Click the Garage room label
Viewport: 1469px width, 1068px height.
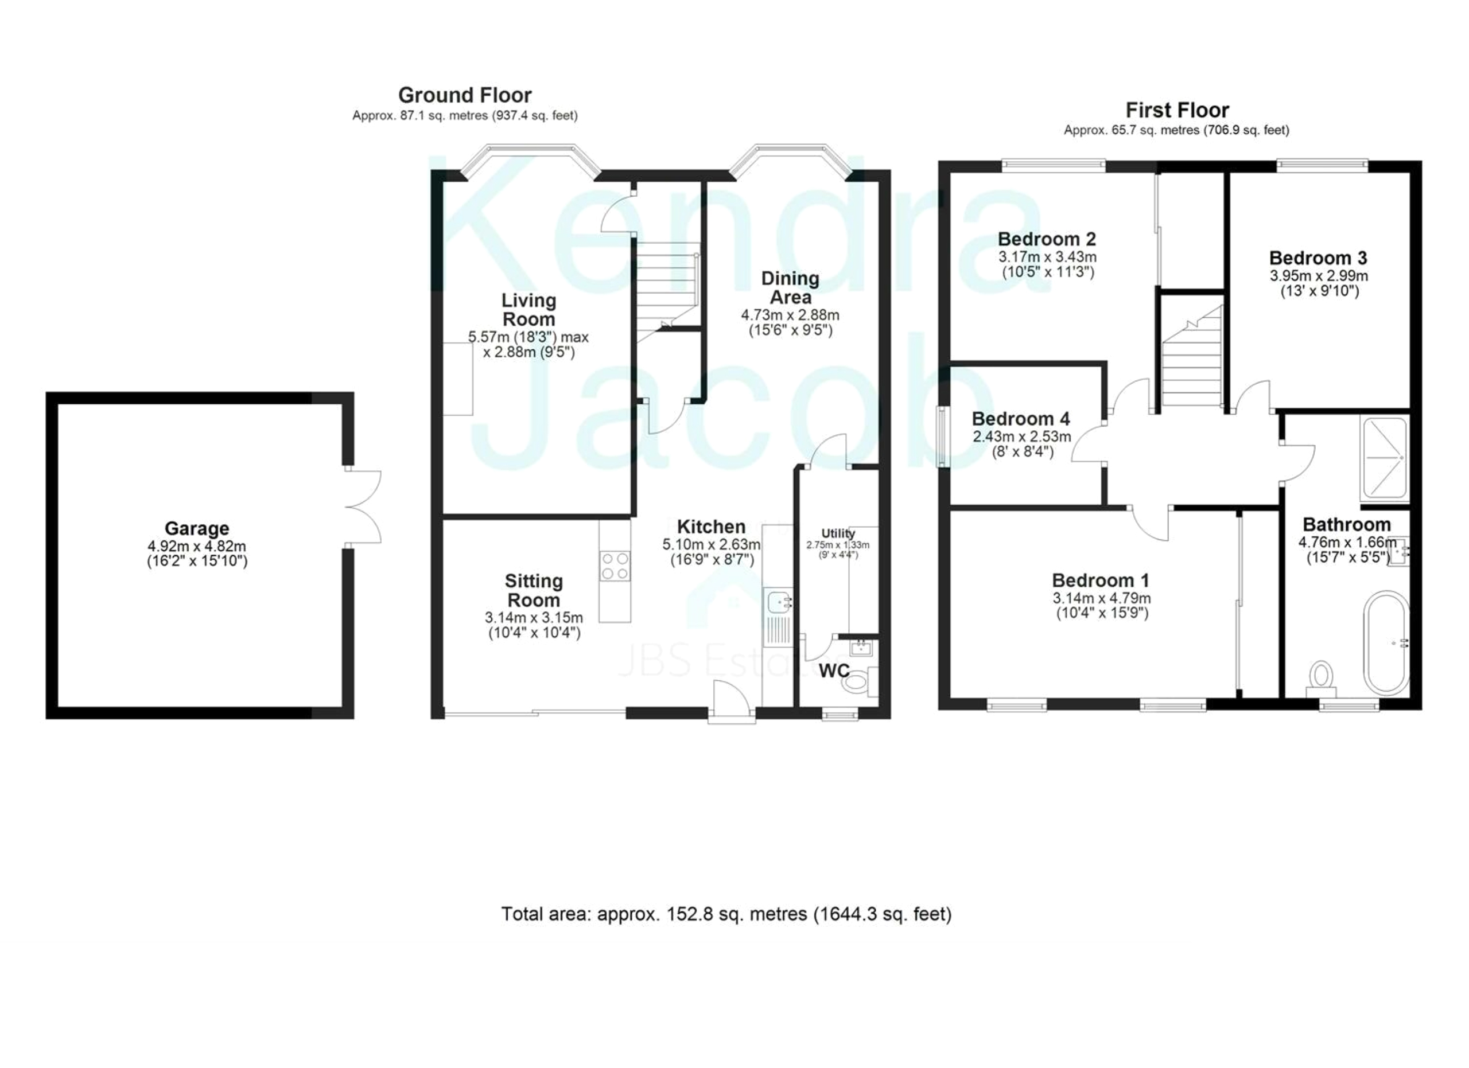click(x=196, y=528)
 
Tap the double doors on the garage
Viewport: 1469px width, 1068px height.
click(x=363, y=506)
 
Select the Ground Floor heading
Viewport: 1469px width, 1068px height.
click(x=465, y=95)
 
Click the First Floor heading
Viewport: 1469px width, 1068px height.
click(x=1177, y=110)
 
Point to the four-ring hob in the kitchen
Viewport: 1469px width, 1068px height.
click(x=615, y=566)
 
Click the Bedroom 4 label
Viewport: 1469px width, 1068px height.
click(x=1021, y=419)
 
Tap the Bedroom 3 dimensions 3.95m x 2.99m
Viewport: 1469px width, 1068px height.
click(x=1319, y=276)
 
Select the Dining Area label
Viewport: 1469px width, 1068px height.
click(x=790, y=288)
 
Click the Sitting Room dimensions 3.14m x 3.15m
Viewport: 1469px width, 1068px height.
click(x=534, y=618)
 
